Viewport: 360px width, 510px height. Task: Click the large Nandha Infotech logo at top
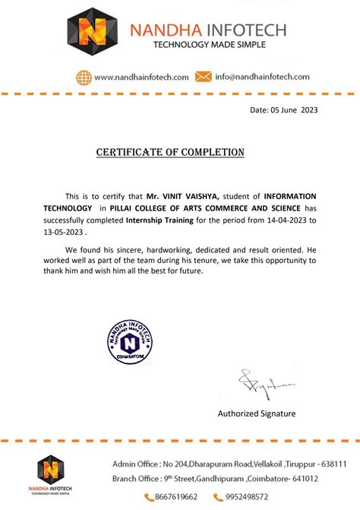[93, 33]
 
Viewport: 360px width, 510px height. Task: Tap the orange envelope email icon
[203, 77]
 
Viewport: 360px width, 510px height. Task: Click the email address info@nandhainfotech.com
[262, 77]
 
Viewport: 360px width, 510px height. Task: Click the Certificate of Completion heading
[170, 153]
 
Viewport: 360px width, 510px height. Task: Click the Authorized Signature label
[257, 413]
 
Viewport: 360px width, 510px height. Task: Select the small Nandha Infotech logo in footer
[51, 473]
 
